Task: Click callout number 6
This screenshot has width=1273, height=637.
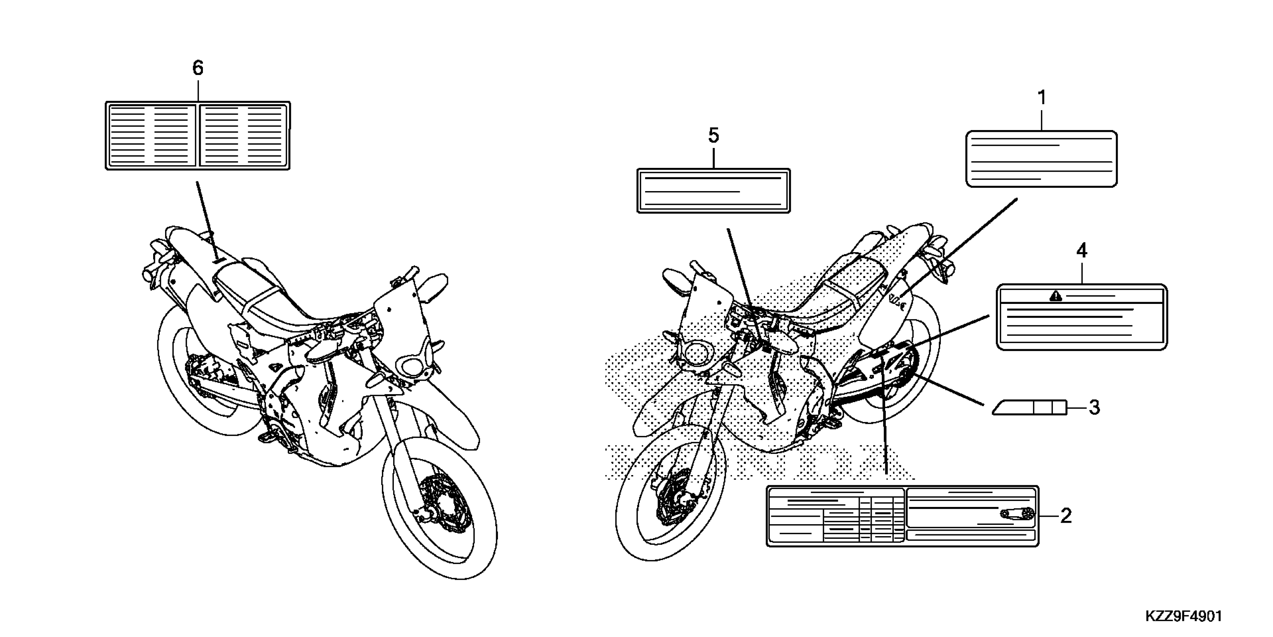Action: click(198, 68)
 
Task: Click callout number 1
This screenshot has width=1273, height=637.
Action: click(1041, 98)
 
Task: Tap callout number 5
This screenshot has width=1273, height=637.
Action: click(713, 135)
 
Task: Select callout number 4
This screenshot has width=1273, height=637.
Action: click(1082, 251)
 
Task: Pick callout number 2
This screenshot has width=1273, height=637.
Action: click(1066, 516)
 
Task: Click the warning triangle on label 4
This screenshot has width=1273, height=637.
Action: click(1055, 296)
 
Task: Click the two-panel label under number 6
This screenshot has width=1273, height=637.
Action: click(198, 136)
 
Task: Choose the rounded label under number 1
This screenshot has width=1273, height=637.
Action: click(1041, 159)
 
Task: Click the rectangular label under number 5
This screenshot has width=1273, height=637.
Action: click(713, 191)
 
